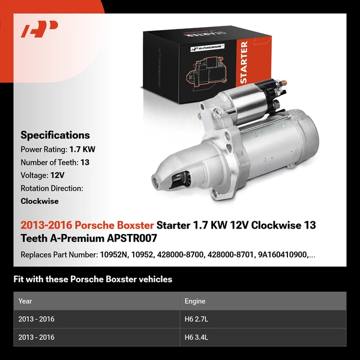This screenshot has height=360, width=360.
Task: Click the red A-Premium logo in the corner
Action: [40, 29]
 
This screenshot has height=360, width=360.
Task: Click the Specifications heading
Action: [55, 135]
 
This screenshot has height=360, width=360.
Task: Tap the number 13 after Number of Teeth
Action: [86, 162]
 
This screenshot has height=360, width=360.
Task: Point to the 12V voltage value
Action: [56, 175]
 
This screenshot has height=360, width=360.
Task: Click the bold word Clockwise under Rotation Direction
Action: [40, 202]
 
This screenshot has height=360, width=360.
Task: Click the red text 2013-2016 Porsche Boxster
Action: [86, 226]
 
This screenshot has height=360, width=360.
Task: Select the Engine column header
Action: [196, 301]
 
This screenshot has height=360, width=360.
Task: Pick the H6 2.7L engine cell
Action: [196, 319]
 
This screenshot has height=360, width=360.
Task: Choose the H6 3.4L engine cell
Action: [196, 337]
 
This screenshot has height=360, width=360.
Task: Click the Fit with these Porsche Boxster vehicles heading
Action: [92, 279]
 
